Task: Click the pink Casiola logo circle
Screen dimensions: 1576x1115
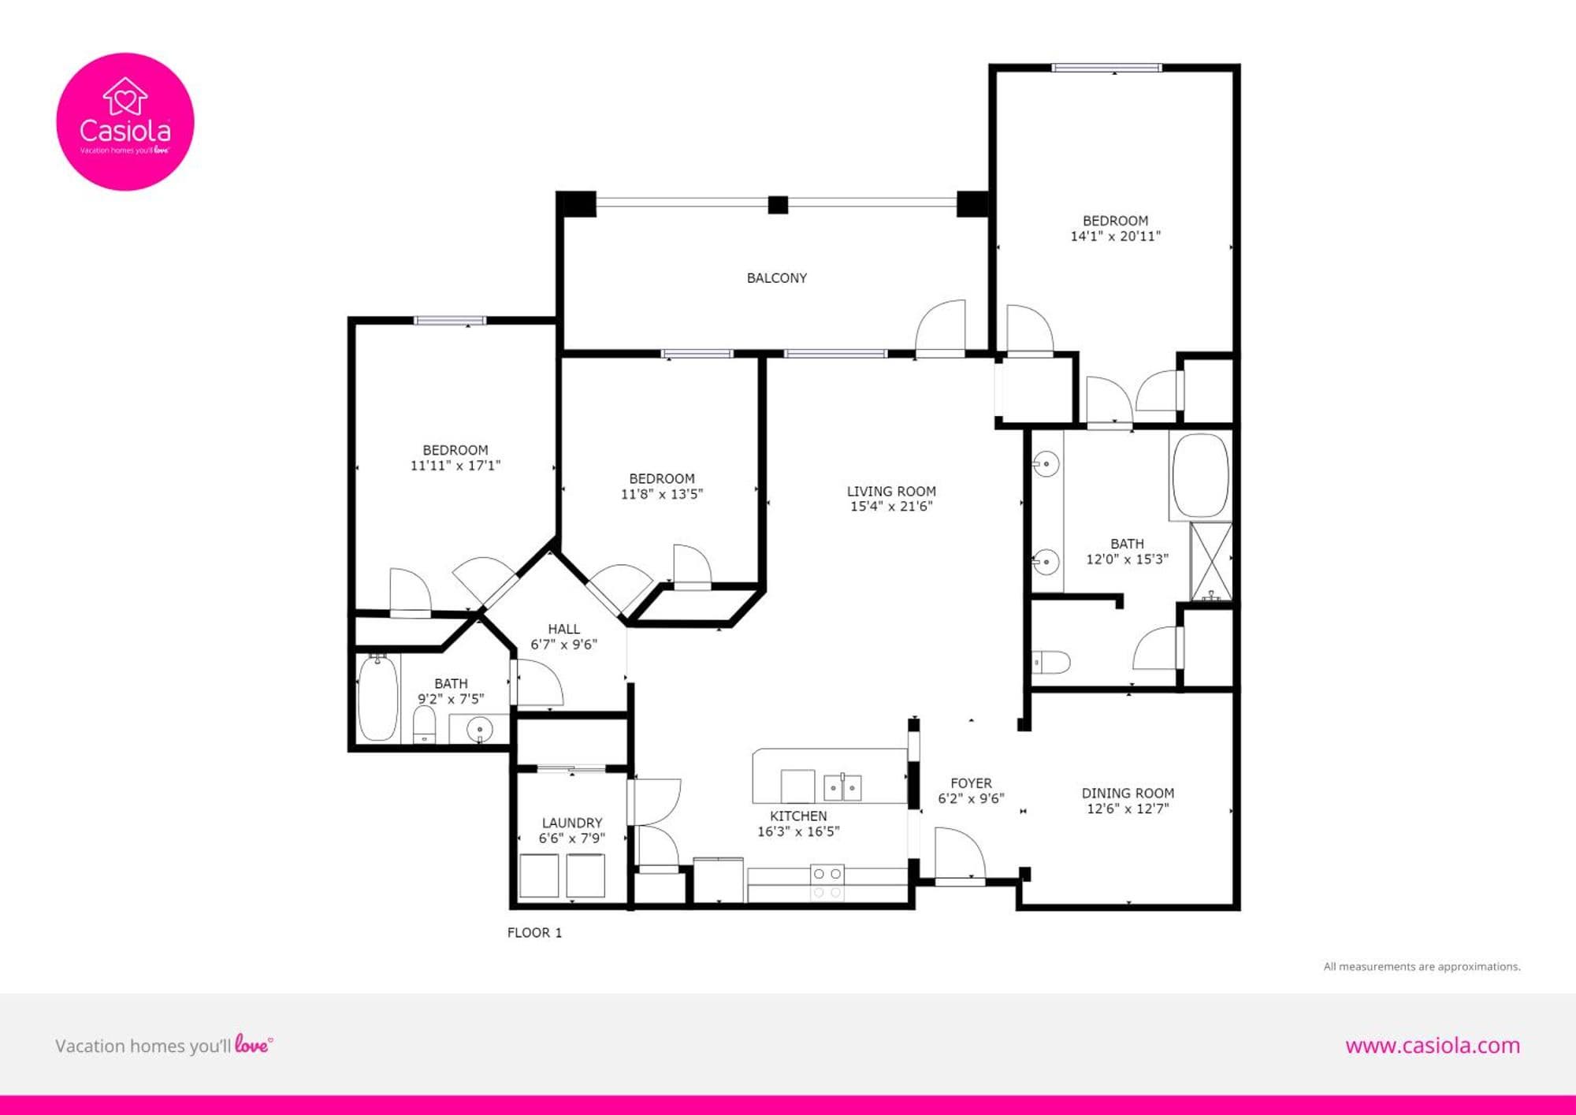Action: coord(125,121)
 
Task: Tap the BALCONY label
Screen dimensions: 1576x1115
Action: coord(777,278)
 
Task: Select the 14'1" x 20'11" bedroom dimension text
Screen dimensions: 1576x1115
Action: coord(1115,236)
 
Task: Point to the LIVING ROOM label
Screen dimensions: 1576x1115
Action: coord(891,491)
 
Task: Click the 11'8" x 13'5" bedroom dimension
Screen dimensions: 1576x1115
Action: coord(662,494)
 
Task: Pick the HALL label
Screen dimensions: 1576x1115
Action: coord(563,629)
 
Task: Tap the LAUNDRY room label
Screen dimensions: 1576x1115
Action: coord(572,823)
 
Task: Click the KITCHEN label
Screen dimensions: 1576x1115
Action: coord(798,816)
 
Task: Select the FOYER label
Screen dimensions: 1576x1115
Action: coord(971,783)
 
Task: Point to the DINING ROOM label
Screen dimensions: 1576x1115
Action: coord(1128,794)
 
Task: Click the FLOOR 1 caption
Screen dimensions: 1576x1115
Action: coord(534,933)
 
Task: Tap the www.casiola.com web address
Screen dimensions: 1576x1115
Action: coord(1433,1046)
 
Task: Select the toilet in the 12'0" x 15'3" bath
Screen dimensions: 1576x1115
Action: coord(1051,663)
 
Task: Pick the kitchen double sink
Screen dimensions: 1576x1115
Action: coord(842,787)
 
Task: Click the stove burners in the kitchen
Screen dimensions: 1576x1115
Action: coord(827,883)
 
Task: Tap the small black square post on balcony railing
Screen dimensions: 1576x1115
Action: coord(778,205)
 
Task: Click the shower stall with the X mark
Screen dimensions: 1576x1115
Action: coord(1210,560)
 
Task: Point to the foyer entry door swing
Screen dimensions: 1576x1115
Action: coord(960,853)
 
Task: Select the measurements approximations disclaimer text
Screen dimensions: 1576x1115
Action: coord(1422,967)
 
